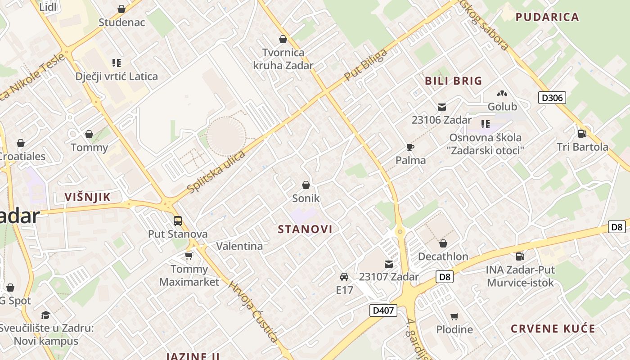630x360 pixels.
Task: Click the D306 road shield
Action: [x=552, y=98]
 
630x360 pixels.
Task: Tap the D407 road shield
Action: [x=383, y=310]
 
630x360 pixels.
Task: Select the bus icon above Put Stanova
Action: [x=178, y=221]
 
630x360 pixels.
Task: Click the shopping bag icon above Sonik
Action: [x=306, y=185]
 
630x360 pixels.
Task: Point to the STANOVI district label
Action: [x=305, y=229]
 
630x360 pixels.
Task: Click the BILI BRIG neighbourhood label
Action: [x=454, y=81]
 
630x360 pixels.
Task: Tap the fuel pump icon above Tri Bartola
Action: [x=582, y=134]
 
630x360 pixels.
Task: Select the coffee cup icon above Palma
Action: [x=410, y=147]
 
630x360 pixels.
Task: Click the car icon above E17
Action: [x=344, y=277]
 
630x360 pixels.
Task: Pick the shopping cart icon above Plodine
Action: [x=454, y=316]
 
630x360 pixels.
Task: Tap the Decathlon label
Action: [x=443, y=256]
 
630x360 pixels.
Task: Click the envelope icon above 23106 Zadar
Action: [x=441, y=107]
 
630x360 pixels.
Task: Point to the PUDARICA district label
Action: [x=547, y=17]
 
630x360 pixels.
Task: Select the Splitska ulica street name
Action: [x=216, y=172]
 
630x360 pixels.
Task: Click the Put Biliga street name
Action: [x=365, y=65]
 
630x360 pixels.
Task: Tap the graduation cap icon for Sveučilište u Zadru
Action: [x=45, y=315]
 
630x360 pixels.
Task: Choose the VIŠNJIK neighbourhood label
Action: [x=87, y=197]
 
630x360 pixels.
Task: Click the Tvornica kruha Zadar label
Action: [x=283, y=59]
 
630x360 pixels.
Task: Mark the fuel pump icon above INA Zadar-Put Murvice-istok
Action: [x=520, y=256]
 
